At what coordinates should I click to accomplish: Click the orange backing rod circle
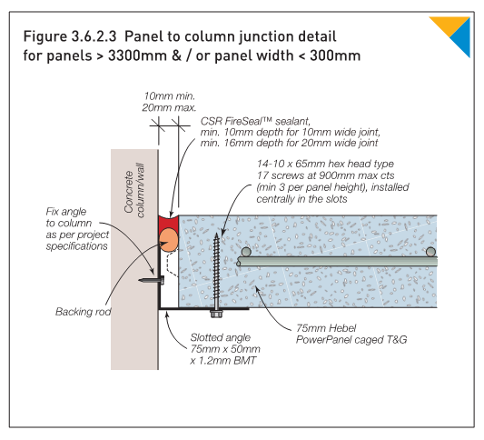169,239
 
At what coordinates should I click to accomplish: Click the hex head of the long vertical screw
216,314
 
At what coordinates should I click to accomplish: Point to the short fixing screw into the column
152,281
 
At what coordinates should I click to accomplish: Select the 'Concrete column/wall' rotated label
134,190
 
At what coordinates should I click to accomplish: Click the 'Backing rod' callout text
83,312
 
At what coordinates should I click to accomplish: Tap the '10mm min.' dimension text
170,96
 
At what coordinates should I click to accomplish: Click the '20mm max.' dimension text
169,107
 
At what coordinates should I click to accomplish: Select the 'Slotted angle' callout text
221,337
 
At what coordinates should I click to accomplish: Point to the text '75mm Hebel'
326,328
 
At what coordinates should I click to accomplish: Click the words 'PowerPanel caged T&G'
351,340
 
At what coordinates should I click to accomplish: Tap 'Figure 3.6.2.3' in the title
70,36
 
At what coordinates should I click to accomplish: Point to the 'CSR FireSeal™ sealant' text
255,121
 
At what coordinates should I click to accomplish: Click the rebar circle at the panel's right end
430,252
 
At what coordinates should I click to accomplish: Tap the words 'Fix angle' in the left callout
66,212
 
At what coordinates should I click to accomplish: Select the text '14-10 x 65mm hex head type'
325,164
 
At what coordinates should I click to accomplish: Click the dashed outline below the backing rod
173,263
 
